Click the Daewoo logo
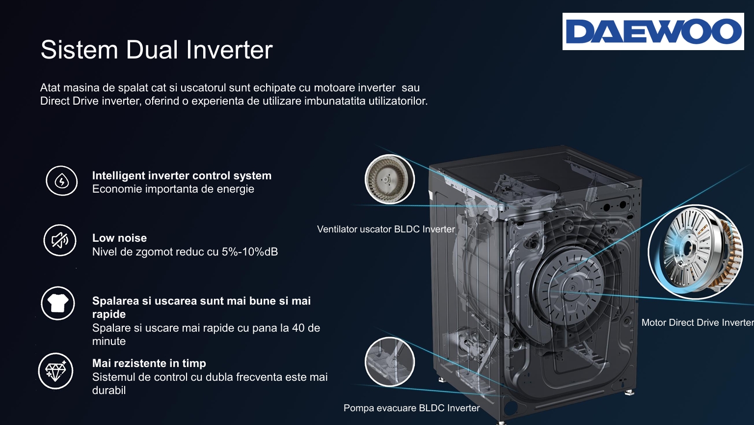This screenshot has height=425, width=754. point(653,31)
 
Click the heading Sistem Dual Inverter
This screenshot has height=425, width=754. point(157,50)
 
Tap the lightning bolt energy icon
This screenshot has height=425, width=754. point(61,181)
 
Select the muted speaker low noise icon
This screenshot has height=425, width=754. point(60,240)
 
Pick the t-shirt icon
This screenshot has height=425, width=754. point(58,303)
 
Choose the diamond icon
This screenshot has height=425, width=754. point(55,371)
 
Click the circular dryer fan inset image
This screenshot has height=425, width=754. point(389,179)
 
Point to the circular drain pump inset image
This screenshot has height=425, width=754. point(389,362)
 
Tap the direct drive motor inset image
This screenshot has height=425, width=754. point(696,252)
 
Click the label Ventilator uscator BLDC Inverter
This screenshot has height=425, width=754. point(386,229)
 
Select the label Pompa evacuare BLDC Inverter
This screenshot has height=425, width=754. point(411,408)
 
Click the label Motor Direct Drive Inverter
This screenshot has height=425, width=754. point(698,322)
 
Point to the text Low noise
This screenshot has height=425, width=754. point(119,238)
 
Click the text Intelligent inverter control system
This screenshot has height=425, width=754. point(182,175)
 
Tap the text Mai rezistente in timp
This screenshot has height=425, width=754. point(149,363)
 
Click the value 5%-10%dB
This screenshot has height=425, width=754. point(250,252)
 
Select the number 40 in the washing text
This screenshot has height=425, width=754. point(298,328)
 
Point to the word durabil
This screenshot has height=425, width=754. point(108,390)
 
